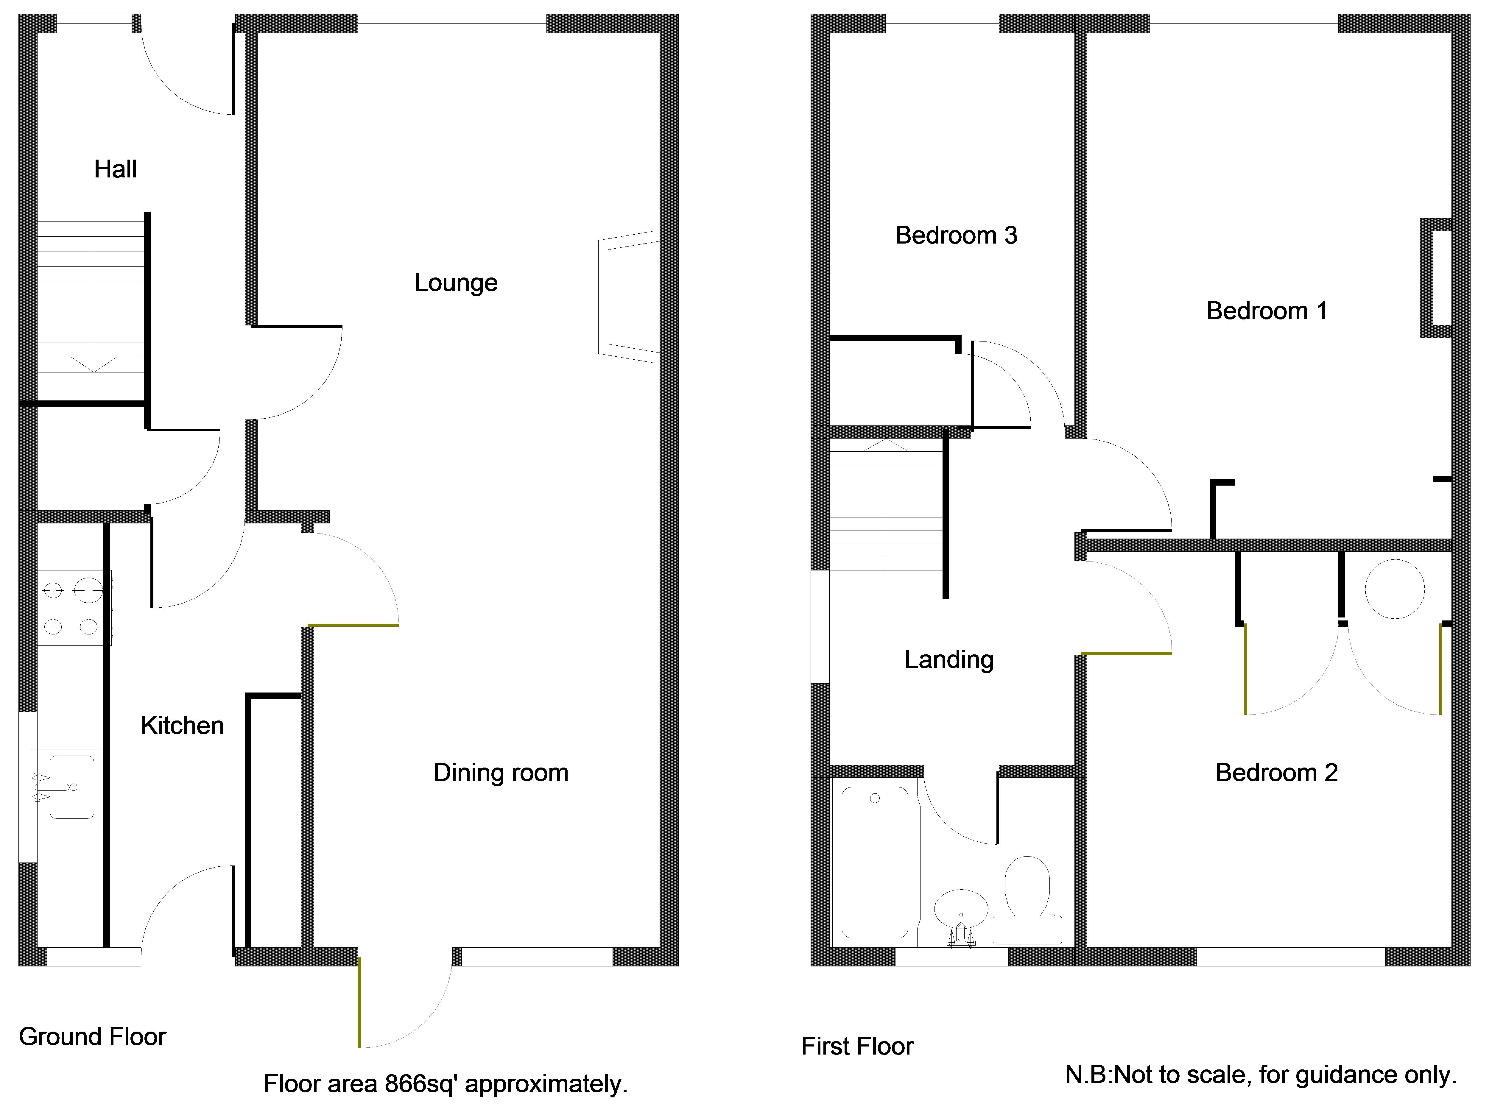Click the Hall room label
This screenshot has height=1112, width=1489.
[x=115, y=169]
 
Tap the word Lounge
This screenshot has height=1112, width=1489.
[x=456, y=283]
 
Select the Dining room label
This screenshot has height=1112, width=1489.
[x=501, y=773]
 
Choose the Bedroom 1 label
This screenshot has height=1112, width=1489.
[x=1266, y=311]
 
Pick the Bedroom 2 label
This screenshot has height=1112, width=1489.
[x=1276, y=773]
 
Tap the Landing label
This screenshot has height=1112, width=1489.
[x=948, y=660]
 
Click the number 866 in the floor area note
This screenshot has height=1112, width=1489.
[x=405, y=1084]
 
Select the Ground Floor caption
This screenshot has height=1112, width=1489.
[x=92, y=1037]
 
